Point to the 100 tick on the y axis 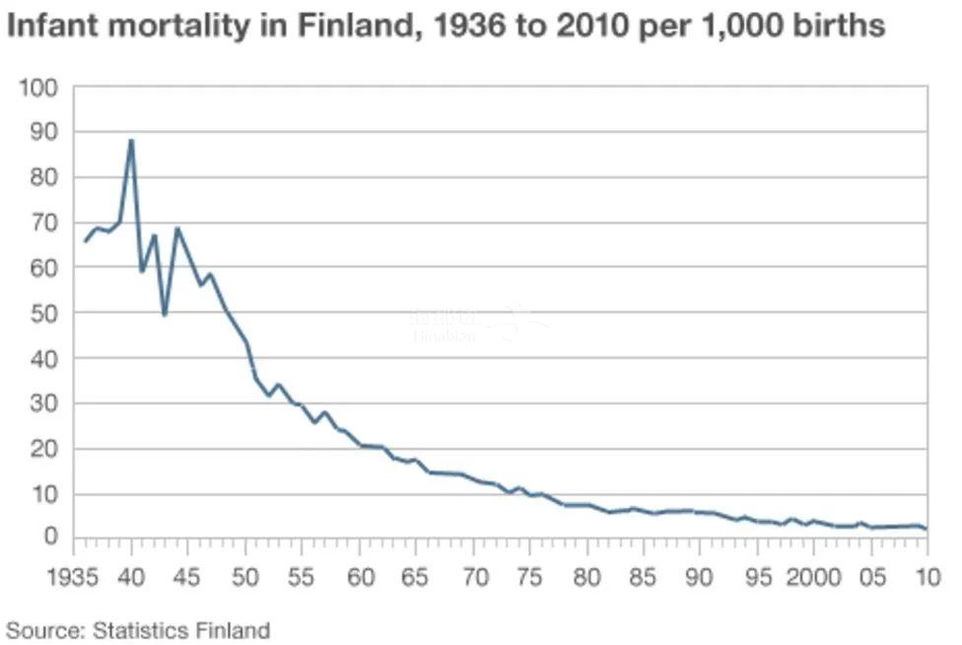click(x=38, y=88)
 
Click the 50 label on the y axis click(x=44, y=313)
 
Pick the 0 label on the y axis click(x=51, y=537)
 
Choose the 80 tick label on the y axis click(x=44, y=178)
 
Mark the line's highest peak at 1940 click(x=131, y=140)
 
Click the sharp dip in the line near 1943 click(x=165, y=315)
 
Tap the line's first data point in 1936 click(x=85, y=242)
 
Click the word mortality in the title click(x=171, y=26)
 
